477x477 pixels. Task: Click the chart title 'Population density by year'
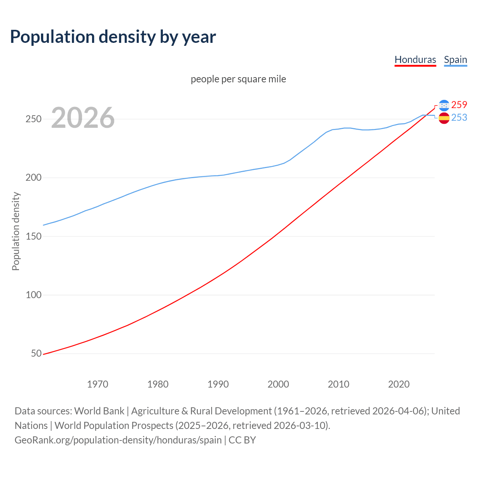pos(113,37)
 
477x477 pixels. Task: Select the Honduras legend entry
pos(415,60)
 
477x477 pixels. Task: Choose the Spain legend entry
pos(455,60)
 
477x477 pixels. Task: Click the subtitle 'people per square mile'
pos(238,79)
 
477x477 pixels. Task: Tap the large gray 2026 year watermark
pos(83,118)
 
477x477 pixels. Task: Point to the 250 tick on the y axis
pos(33,119)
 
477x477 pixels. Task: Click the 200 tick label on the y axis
pos(33,178)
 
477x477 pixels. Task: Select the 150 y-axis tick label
pos(33,236)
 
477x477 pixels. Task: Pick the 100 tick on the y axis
pos(33,295)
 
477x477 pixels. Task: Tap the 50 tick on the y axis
pos(36,353)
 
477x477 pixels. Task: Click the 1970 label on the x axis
pos(98,384)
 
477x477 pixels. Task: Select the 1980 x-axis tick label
pos(158,384)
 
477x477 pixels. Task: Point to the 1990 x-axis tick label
pos(218,384)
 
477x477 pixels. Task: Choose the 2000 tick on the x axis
pos(278,384)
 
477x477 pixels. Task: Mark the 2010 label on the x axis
pos(338,384)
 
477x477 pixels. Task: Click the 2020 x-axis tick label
pos(399,384)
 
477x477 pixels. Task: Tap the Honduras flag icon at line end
pos(444,105)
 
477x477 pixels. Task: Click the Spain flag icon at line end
pos(444,118)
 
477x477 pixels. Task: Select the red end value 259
pos(459,105)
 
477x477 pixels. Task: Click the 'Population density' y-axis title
pos(16,231)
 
